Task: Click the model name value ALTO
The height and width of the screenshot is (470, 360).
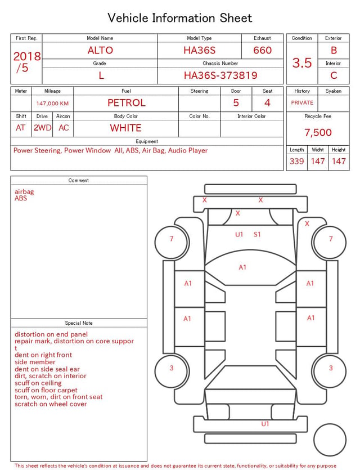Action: (100, 50)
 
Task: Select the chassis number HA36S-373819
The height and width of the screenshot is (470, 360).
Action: (220, 75)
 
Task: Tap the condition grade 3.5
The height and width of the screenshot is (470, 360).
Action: (302, 62)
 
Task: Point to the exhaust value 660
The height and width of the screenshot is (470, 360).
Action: (262, 50)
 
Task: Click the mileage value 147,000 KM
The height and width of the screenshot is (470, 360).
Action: (52, 104)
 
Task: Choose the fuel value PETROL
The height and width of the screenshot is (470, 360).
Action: (127, 103)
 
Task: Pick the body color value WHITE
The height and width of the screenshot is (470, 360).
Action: (125, 128)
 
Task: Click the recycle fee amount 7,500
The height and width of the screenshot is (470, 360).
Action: (318, 132)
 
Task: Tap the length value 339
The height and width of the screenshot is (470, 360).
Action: (296, 161)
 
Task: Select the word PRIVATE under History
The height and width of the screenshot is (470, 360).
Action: (302, 102)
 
